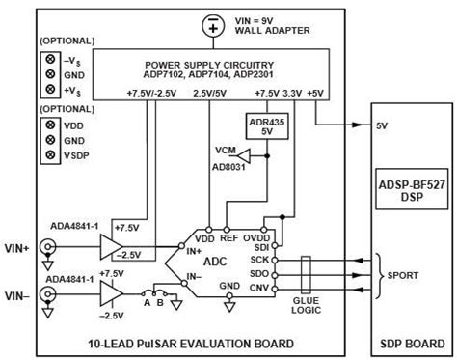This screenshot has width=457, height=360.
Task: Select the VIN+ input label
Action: [x=16, y=247]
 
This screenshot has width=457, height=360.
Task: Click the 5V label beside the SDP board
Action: [x=382, y=125]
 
